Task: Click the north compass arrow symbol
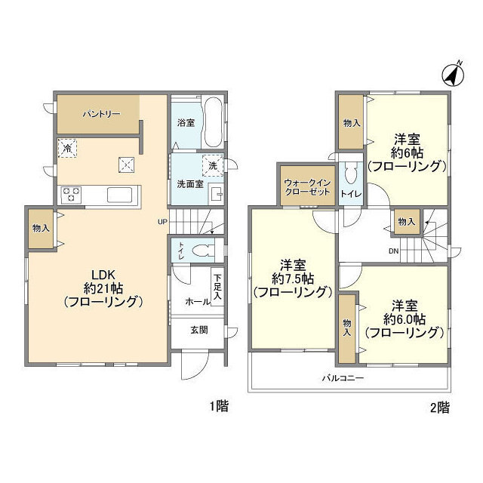pos(451,75)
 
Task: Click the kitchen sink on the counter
pos(120,195)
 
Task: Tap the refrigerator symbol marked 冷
pos(66,149)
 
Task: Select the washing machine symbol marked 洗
pos(213,165)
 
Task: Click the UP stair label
pos(162,222)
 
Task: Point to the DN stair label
pos(394,251)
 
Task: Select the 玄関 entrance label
pos(199,330)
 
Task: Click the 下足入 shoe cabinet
pos(217,288)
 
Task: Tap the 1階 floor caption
pos(218,407)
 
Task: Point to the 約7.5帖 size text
pos(293,278)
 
